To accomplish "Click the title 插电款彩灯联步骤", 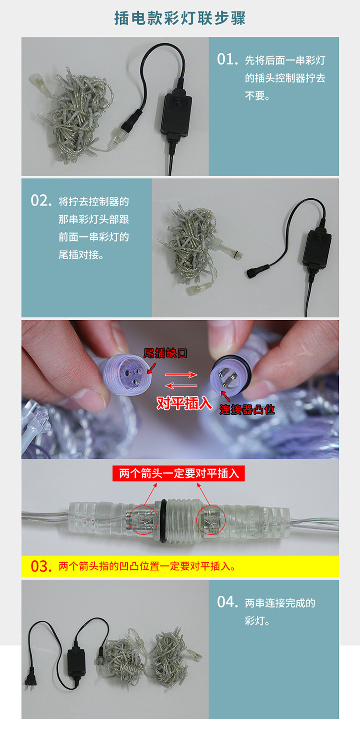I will (x=180, y=18).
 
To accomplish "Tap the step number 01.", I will (x=228, y=60).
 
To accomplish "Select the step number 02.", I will (x=41, y=201).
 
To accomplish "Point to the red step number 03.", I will (x=41, y=566).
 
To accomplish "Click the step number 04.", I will (x=228, y=602).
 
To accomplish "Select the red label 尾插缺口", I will (x=165, y=354).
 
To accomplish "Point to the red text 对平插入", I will (x=184, y=403).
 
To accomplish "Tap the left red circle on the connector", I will (x=143, y=519).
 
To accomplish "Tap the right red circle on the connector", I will (x=211, y=519).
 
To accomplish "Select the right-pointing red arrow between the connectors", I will (x=181, y=375).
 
